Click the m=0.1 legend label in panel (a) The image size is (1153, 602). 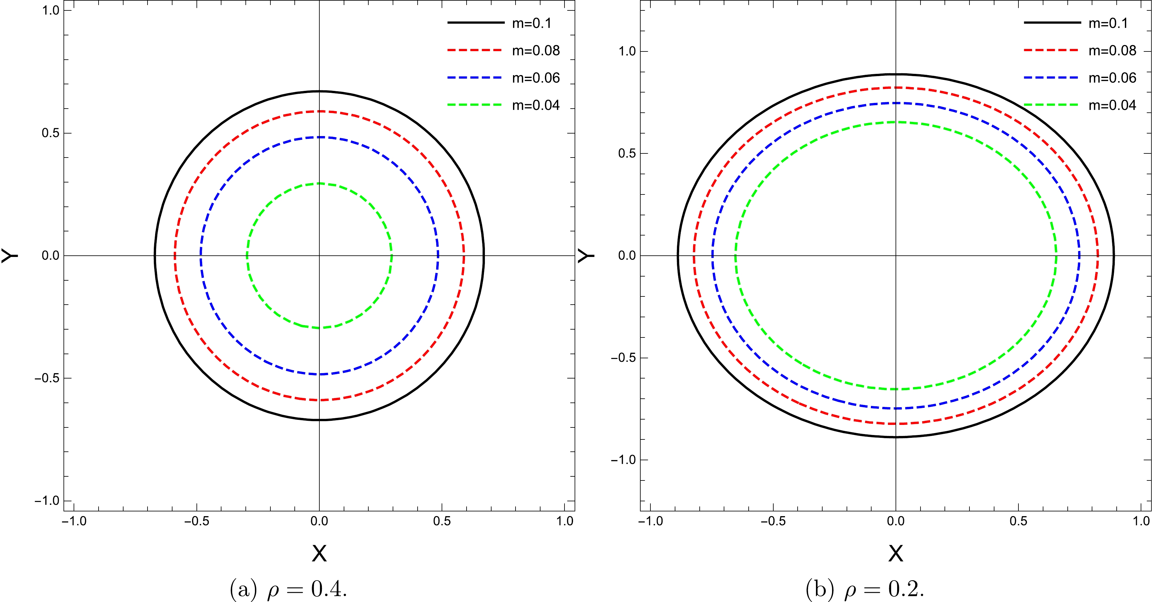coord(532,23)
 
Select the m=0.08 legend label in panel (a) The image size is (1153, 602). coord(536,51)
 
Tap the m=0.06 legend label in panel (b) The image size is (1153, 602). coord(1112,78)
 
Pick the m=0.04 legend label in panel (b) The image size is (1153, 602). coord(1112,105)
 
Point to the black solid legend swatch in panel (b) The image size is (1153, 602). coord(1052,23)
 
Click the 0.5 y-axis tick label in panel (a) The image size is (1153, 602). coord(50,133)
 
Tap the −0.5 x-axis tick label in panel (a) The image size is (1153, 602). coord(196,521)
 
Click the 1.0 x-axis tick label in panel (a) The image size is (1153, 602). coord(565,521)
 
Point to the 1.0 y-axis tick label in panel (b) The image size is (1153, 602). coord(627,51)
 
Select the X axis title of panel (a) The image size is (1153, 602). coord(319,554)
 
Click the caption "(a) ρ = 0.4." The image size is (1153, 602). coord(288,589)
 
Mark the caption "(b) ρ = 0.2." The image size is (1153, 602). coord(865,589)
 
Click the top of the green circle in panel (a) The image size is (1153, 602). coord(319,183)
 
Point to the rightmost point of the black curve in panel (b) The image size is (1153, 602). coord(1114,255)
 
